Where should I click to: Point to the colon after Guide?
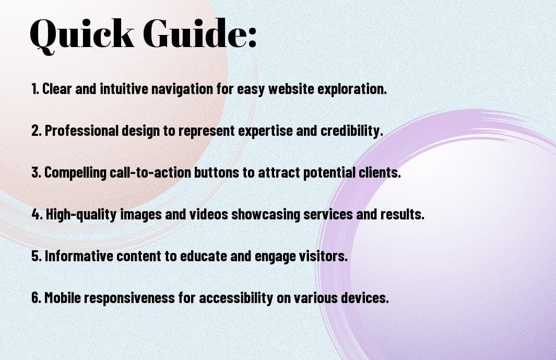[x=252, y=37]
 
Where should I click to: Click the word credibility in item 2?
[x=352, y=131]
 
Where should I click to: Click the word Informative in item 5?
[x=79, y=256]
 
